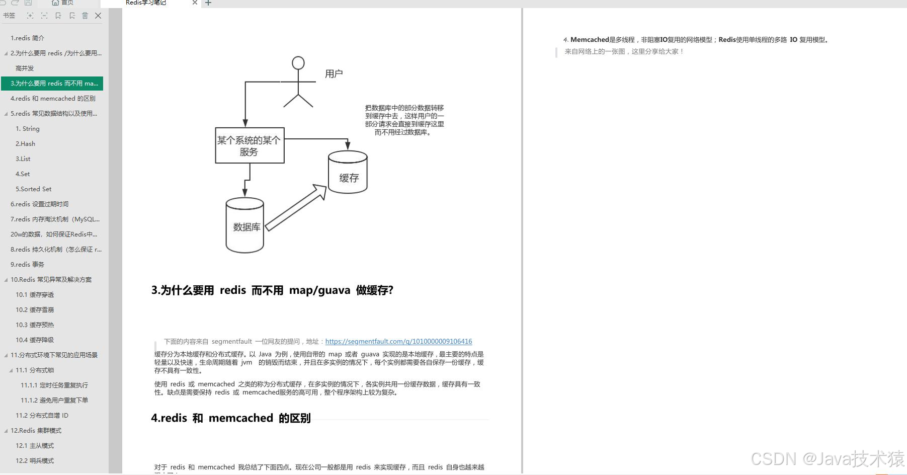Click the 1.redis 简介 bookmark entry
(28, 38)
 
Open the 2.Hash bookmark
(25, 144)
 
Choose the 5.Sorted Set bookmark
(33, 189)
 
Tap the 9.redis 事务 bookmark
(28, 265)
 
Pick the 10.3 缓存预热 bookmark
(35, 325)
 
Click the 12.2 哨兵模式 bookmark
(35, 461)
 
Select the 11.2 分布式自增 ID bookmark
(42, 416)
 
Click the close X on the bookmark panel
(98, 16)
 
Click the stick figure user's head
(298, 63)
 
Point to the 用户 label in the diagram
(334, 74)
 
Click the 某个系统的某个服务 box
(250, 145)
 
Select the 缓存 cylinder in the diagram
(348, 174)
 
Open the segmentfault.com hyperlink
(398, 342)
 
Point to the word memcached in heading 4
(240, 418)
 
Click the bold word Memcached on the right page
(590, 40)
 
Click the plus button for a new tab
(208, 3)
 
